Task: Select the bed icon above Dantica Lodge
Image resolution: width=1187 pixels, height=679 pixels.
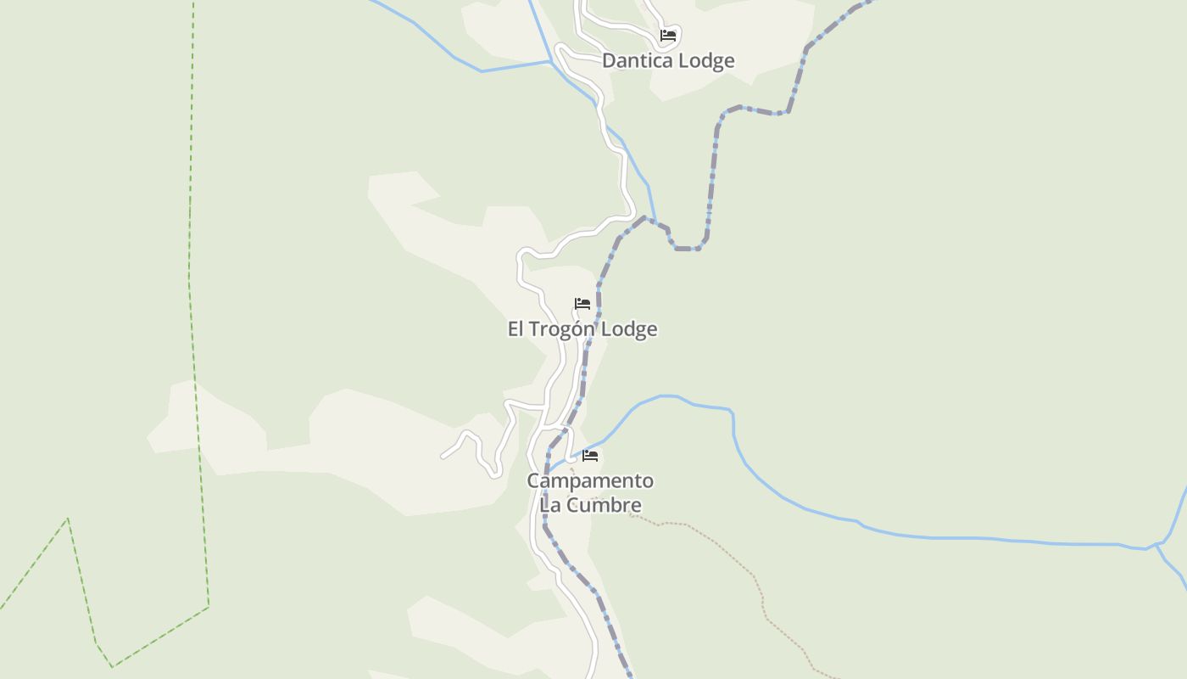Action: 668,36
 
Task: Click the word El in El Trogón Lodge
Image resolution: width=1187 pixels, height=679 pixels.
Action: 515,329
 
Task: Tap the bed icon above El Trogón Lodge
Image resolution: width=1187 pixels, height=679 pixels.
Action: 582,304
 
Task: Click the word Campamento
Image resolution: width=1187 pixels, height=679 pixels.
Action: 590,481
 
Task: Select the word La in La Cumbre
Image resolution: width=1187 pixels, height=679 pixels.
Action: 551,505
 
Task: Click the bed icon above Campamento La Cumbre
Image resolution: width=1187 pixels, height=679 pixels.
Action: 591,456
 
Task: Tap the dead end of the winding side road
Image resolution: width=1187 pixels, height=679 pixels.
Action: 443,457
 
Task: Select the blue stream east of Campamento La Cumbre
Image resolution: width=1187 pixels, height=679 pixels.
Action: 848,518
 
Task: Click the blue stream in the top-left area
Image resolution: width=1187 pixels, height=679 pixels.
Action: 449,55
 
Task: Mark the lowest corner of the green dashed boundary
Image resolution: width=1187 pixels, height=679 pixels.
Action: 111,666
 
